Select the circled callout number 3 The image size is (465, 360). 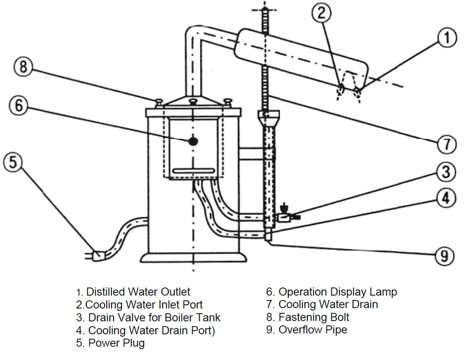(x=446, y=172)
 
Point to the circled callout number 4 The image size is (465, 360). (x=446, y=198)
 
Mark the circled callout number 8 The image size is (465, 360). (x=23, y=66)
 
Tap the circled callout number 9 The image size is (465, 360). (x=444, y=256)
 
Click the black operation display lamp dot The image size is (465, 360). (x=194, y=141)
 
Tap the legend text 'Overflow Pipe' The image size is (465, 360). (x=312, y=330)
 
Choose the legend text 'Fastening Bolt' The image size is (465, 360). (x=314, y=317)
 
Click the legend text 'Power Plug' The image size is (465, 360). (x=116, y=343)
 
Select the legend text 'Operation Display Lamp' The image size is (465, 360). (x=337, y=292)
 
